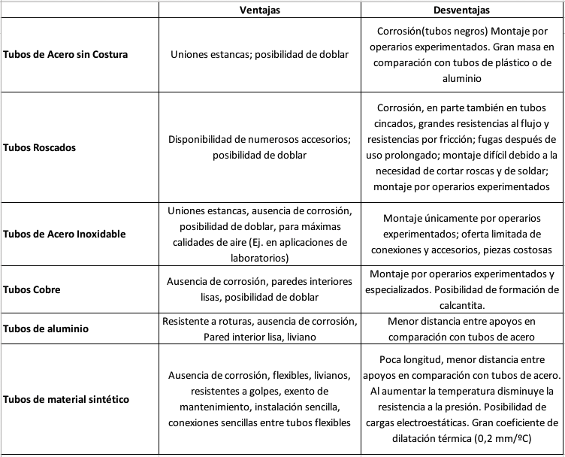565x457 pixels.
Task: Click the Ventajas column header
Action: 260,11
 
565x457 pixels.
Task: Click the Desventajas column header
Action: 461,11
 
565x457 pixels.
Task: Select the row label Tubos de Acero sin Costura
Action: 65,55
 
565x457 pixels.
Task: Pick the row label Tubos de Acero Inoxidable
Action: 65,233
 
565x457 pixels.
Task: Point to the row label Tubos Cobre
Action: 32,289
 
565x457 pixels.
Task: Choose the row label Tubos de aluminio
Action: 46,328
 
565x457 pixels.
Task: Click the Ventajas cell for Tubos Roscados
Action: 260,147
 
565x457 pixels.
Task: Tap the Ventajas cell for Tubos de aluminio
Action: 260,328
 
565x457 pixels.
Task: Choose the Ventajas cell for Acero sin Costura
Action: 260,55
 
